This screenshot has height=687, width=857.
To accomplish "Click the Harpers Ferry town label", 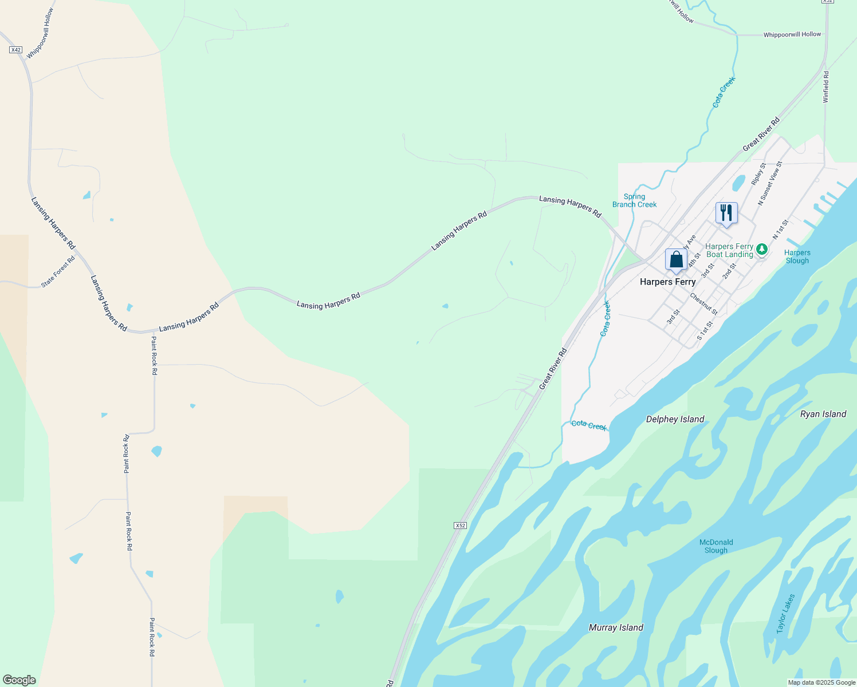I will point(667,282).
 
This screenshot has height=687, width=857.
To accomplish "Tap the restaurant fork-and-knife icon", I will point(726,213).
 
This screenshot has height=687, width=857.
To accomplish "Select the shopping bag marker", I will point(676,259).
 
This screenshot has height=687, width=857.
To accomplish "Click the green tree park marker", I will point(761,249).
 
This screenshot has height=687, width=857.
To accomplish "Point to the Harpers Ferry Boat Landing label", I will point(729,251).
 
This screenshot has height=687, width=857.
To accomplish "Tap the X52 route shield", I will point(460,525).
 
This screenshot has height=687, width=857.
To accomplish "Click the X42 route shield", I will point(15,50).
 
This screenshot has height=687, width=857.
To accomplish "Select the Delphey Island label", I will point(675,419).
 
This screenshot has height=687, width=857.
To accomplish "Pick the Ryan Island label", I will point(823,414).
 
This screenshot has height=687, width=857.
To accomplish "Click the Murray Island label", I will point(616,627).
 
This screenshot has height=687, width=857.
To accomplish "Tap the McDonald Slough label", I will point(716,546).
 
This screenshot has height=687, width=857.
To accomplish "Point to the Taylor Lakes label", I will point(785,613).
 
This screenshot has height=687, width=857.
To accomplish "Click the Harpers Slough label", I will point(797,256).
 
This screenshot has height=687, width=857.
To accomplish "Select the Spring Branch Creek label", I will point(634,200).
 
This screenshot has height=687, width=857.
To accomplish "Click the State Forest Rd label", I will point(58,272).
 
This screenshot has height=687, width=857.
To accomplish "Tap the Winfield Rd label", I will point(825,87).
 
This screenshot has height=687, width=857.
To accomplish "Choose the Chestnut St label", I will point(703,304).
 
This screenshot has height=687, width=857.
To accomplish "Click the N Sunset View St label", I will point(769,183).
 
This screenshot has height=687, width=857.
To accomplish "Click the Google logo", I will point(19,680).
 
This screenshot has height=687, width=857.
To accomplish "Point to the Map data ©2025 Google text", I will point(821,682).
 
